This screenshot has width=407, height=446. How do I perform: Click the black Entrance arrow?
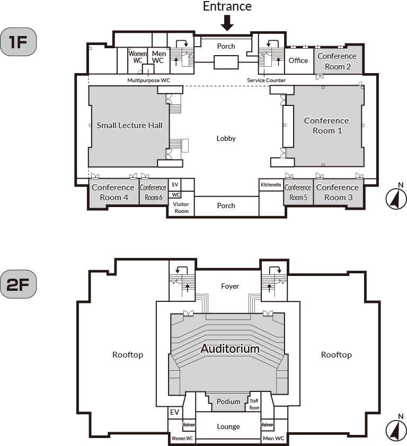click(x=227, y=23)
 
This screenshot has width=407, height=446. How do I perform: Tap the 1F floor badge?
click(x=19, y=42)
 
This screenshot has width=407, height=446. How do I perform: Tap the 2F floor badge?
click(x=19, y=284)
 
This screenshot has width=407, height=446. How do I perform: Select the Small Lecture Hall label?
click(x=129, y=126)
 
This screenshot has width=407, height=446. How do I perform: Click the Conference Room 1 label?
click(x=326, y=126)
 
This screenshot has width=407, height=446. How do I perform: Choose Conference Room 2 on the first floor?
click(x=338, y=61)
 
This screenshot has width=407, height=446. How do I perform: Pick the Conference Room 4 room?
click(x=113, y=192)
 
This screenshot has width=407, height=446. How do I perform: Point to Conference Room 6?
click(x=153, y=192)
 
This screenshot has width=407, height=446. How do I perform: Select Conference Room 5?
click(x=297, y=192)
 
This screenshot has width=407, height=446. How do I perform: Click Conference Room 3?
click(x=337, y=192)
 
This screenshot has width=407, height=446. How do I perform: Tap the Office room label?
click(x=298, y=60)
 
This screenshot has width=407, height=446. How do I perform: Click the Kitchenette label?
click(x=271, y=185)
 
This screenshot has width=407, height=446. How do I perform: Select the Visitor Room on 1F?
click(x=181, y=207)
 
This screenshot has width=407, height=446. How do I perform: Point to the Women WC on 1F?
click(x=138, y=57)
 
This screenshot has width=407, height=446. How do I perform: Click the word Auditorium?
click(x=230, y=349)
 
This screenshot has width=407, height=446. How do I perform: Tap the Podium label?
click(x=228, y=402)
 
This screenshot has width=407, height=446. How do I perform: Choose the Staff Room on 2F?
click(x=254, y=404)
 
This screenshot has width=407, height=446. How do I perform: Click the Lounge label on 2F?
click(x=228, y=426)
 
